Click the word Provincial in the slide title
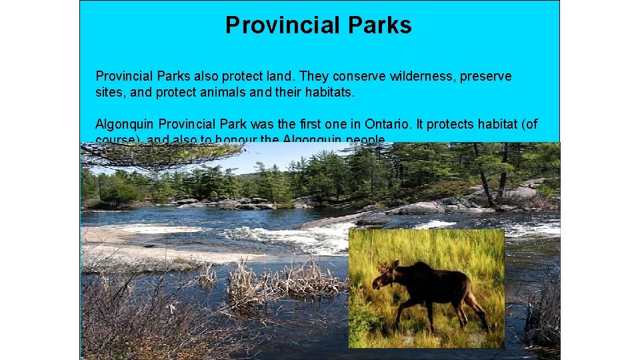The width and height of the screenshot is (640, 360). click(x=277, y=25)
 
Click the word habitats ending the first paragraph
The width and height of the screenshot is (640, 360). click(x=329, y=93)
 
